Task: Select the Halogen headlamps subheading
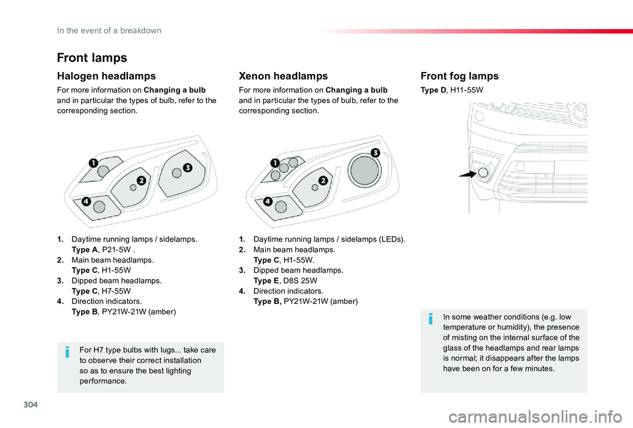pyautogui.click(x=106, y=76)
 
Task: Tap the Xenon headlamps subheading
pyautogui.click(x=283, y=76)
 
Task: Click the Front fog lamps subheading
pyautogui.click(x=459, y=76)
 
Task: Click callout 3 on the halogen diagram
pyautogui.click(x=187, y=168)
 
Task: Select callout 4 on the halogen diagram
pyautogui.click(x=86, y=202)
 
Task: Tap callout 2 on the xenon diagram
pyautogui.click(x=323, y=180)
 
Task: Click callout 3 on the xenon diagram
pyautogui.click(x=375, y=153)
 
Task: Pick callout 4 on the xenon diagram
pyautogui.click(x=268, y=201)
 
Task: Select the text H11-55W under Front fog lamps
pyautogui.click(x=467, y=89)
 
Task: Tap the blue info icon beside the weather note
pyautogui.click(x=431, y=320)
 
